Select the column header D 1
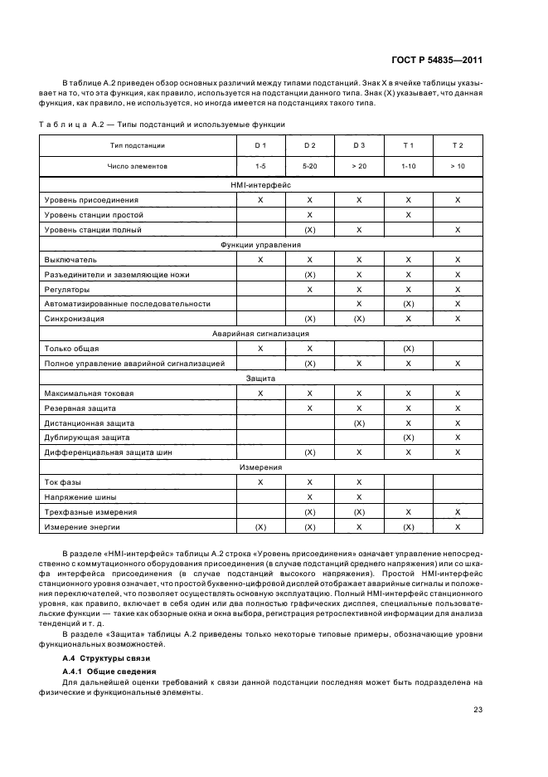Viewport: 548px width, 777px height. pyautogui.click(x=260, y=145)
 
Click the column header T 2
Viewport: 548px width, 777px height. pyautogui.click(x=458, y=145)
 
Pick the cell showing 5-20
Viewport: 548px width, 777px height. pyautogui.click(x=309, y=166)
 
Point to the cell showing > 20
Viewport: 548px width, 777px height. pyautogui.click(x=359, y=166)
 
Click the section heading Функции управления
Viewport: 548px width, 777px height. pyautogui.click(x=260, y=245)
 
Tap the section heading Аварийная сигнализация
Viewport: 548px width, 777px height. pyautogui.click(x=260, y=333)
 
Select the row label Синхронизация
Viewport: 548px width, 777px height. pyautogui.click(x=75, y=319)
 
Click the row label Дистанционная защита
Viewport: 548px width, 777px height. pyautogui.click(x=86, y=422)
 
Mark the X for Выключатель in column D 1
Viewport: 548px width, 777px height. pyautogui.click(x=260, y=260)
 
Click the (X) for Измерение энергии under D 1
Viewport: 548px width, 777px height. pyautogui.click(x=260, y=526)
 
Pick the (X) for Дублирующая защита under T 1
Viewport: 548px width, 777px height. pyautogui.click(x=408, y=437)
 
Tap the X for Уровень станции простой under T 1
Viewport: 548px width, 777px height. pyautogui.click(x=408, y=215)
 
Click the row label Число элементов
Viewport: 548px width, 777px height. pyautogui.click(x=137, y=166)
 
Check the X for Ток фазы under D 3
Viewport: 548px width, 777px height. pyautogui.click(x=359, y=481)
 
